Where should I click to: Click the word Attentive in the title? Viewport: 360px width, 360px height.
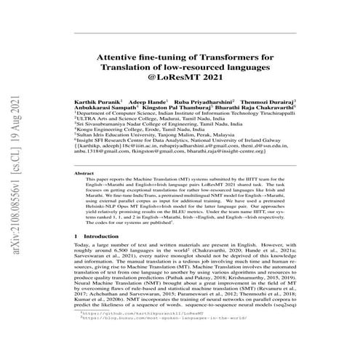[x=120, y=56]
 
